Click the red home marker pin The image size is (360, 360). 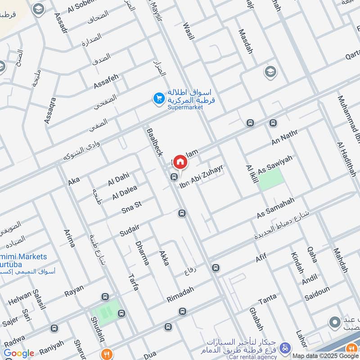tap(180, 162)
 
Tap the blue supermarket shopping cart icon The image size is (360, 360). tap(158, 98)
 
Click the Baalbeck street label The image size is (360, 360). tap(154, 142)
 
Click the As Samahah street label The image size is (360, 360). tap(275, 207)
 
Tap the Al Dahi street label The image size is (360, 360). tap(118, 179)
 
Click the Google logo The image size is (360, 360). tap(19, 353)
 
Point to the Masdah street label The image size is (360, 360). tap(245, 41)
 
